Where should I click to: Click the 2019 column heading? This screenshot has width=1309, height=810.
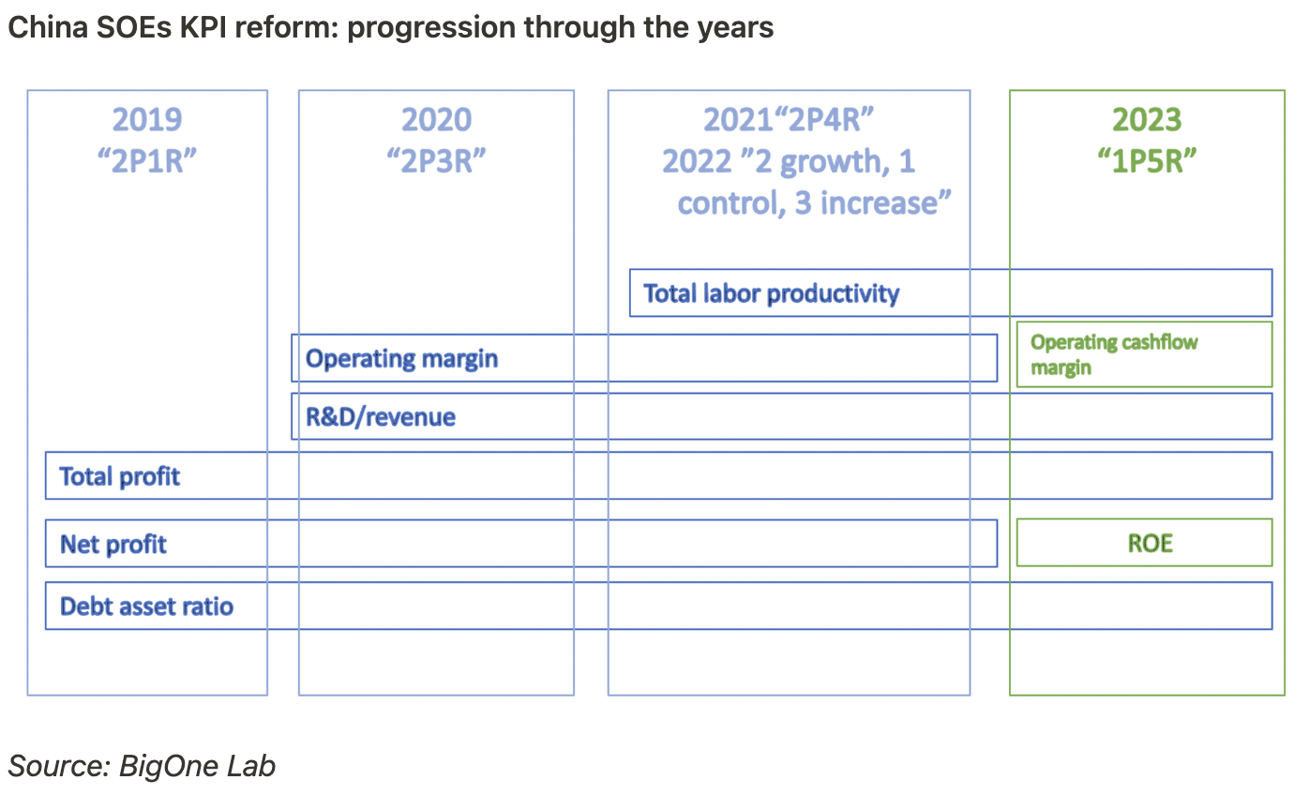tap(147, 120)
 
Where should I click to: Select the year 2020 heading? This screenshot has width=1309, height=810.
tap(436, 120)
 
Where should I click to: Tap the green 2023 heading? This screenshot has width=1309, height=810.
tap(1147, 120)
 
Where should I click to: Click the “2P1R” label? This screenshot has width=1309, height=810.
tap(147, 160)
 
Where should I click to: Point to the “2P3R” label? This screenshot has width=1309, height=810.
tap(436, 160)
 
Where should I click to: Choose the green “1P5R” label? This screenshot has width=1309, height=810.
tap(1147, 160)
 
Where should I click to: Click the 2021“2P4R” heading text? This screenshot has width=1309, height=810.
tap(789, 120)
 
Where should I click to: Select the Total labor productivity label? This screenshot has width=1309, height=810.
tap(771, 293)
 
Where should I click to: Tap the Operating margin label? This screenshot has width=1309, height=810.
tap(401, 358)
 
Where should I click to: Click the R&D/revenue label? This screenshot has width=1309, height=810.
tap(381, 416)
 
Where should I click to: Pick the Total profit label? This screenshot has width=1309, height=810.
tap(120, 476)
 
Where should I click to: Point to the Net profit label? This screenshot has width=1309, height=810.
tap(113, 544)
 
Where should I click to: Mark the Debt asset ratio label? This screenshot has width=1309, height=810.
tap(146, 606)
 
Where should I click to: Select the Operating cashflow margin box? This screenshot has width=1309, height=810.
tap(1144, 354)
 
